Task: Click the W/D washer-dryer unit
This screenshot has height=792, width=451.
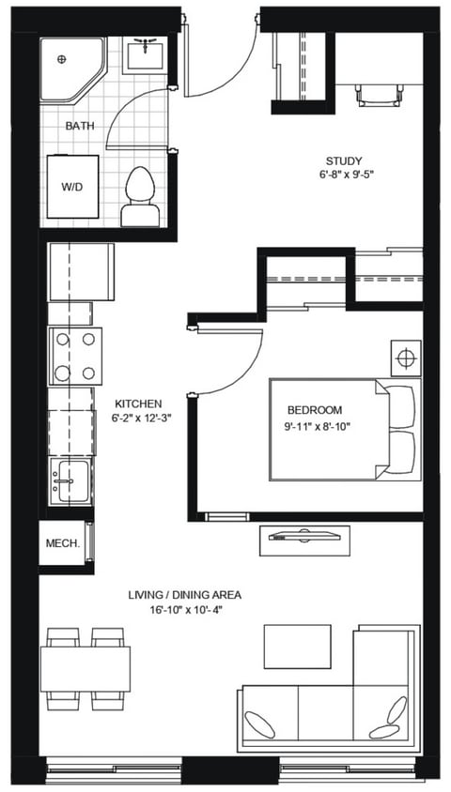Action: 72,186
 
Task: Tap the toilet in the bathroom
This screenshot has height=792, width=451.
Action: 140,198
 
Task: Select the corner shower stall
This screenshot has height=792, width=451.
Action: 70,69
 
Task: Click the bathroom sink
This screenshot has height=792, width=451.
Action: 146,56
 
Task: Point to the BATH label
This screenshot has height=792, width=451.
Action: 78,125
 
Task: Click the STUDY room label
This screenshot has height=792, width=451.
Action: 344,160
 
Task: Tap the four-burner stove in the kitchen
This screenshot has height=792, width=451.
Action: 75,356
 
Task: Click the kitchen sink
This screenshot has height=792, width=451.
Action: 70,480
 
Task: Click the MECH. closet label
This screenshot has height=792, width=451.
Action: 62,544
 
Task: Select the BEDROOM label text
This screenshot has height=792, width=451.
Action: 314,410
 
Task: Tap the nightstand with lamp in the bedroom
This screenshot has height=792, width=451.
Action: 406,358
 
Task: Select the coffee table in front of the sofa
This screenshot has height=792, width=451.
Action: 297,646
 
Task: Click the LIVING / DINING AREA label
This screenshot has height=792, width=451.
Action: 184,595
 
